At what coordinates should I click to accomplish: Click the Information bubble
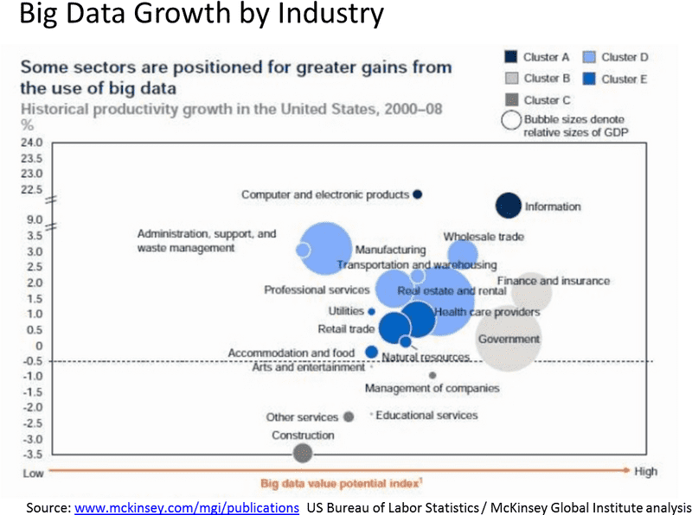click(x=509, y=206)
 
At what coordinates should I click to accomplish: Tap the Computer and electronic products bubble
click(x=417, y=194)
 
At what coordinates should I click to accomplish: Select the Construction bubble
click(x=302, y=452)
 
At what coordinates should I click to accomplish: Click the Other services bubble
click(x=349, y=416)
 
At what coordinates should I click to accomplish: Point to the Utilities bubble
click(x=371, y=311)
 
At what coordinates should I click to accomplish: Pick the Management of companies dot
click(x=432, y=375)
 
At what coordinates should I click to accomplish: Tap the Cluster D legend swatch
click(x=588, y=58)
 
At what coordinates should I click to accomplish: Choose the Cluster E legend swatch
click(x=588, y=79)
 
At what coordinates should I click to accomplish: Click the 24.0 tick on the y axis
click(x=31, y=143)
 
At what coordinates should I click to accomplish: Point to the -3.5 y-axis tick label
click(x=31, y=454)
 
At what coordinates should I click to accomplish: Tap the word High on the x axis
click(x=645, y=471)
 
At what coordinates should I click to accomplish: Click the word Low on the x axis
click(x=33, y=472)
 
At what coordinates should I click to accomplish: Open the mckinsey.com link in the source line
click(x=187, y=506)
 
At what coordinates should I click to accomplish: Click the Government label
click(x=509, y=339)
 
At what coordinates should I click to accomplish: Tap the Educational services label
click(x=426, y=416)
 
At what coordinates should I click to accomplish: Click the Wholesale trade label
click(x=484, y=237)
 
